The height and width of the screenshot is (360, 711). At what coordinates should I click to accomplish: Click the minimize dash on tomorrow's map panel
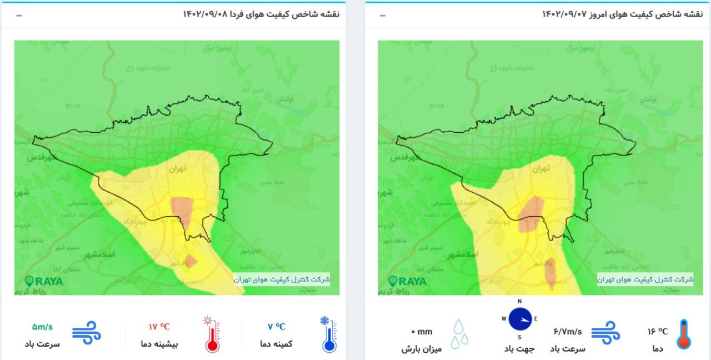coord(19,15)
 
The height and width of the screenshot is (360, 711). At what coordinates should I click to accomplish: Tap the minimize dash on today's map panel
coord(383,15)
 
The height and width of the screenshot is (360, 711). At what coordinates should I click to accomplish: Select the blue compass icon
coord(519,319)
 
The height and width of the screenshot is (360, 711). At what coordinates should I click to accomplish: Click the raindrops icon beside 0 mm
coord(459,333)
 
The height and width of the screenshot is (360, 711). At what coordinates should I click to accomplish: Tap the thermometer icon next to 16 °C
coord(683,333)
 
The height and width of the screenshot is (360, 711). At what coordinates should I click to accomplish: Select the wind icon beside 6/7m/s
coord(605,332)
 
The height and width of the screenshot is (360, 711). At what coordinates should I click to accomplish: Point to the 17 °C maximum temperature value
coord(159,327)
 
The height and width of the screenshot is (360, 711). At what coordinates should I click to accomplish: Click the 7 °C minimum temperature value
coord(276,327)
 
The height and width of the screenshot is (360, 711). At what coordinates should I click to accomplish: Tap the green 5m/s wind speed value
coord(42,327)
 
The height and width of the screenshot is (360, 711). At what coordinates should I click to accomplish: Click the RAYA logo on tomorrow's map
coord(44,281)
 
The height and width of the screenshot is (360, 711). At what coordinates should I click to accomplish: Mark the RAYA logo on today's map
coord(408,281)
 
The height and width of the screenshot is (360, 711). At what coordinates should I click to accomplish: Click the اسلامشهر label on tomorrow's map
coord(99,254)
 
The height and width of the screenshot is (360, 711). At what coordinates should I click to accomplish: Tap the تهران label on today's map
coord(540,167)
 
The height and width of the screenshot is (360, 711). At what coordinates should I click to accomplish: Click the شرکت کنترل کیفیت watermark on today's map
coord(645,279)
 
